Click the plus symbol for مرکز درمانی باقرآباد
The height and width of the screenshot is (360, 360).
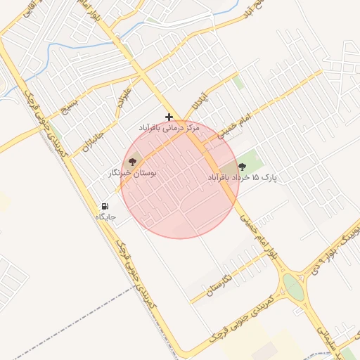(x=169, y=117)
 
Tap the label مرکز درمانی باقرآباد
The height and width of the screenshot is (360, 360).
(x=169, y=129)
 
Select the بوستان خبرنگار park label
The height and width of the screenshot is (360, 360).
(x=133, y=172)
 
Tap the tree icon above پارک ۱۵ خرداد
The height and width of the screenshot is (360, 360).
(x=243, y=167)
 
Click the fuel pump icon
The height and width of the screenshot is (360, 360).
(x=105, y=207)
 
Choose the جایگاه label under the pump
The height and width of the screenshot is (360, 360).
(x=105, y=217)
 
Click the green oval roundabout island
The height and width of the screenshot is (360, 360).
(x=291, y=287)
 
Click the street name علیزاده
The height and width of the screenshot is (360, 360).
(x=124, y=98)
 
